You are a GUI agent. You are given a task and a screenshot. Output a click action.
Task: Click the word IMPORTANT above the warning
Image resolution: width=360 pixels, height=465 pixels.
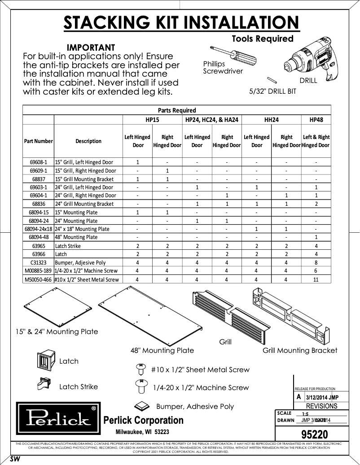pos(91,48)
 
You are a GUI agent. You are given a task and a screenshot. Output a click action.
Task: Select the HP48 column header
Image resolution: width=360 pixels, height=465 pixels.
pos(316,120)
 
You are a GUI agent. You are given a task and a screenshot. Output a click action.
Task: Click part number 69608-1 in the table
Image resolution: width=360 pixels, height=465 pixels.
pos(38,162)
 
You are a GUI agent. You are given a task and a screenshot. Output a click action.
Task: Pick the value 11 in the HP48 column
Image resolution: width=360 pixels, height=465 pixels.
pos(316,279)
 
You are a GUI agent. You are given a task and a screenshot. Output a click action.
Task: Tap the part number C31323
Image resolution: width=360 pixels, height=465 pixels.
pos(38,263)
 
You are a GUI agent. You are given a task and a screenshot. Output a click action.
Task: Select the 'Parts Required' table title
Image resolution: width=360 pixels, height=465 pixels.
pos(177,110)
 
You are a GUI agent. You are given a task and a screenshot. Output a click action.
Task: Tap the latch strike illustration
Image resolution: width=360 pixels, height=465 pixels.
pos(45,385)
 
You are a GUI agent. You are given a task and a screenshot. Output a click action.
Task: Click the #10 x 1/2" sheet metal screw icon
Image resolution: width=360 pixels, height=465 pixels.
pos(140,369)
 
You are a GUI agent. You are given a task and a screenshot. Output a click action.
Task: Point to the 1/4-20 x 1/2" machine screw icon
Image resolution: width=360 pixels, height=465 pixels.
pos(140,386)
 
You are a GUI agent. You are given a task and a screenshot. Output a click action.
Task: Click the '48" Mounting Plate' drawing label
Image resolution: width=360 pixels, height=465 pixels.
pos(162,350)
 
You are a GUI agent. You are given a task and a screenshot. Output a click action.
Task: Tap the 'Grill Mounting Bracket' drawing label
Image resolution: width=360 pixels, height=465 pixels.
pos(300,350)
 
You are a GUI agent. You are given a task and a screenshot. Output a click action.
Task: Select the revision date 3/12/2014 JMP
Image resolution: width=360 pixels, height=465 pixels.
pos(322,397)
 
